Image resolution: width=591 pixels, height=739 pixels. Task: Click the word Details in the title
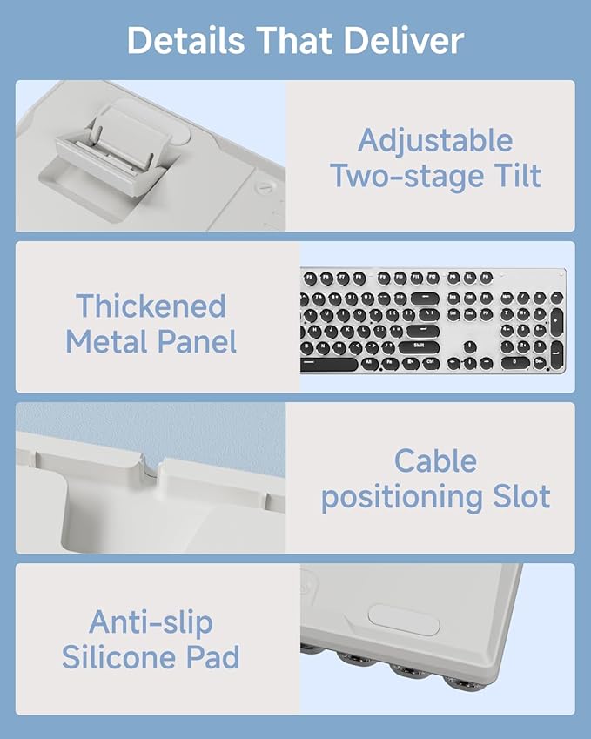click(x=185, y=41)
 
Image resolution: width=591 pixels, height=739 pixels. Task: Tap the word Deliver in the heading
click(x=403, y=41)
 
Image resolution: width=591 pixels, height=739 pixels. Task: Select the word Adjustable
click(x=435, y=141)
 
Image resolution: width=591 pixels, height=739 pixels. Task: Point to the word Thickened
click(x=151, y=306)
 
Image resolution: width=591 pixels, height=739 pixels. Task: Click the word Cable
click(x=435, y=461)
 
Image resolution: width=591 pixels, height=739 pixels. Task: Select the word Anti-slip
click(x=151, y=623)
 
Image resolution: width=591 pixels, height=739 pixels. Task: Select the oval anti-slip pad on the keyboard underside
click(x=404, y=620)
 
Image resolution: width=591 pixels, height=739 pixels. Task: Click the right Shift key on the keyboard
click(x=419, y=348)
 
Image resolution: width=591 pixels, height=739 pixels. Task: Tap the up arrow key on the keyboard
click(x=469, y=347)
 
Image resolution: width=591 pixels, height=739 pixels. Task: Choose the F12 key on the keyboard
click(x=433, y=278)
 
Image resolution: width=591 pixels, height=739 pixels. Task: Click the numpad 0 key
click(x=515, y=363)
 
